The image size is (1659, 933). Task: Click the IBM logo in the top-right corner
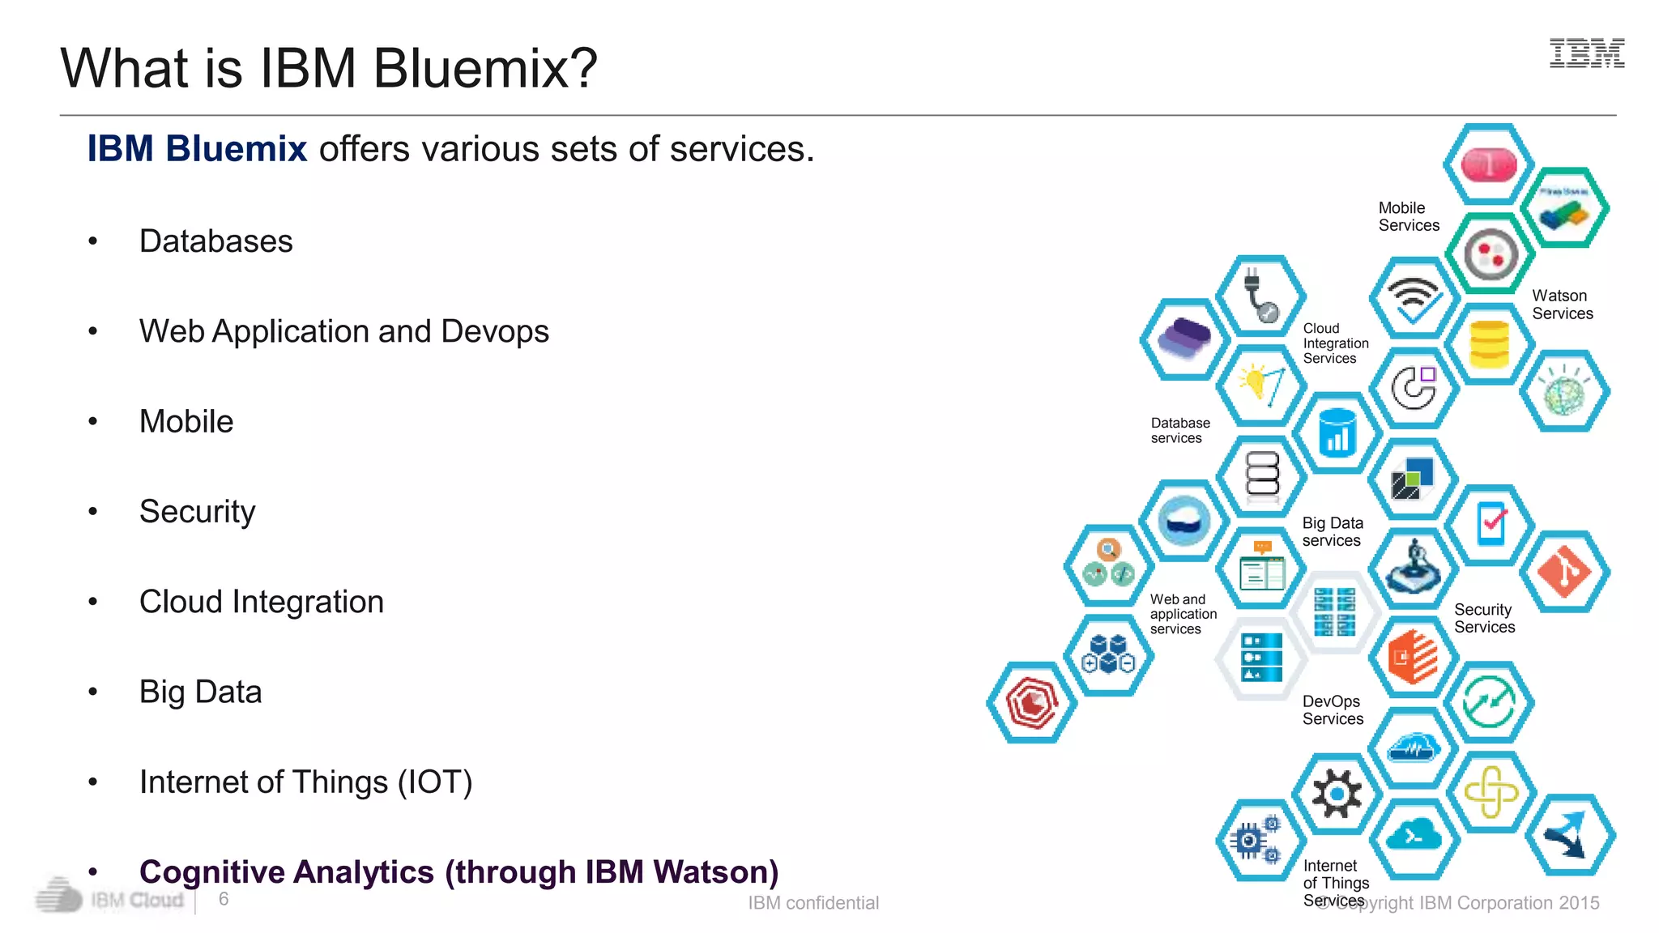pos(1586,53)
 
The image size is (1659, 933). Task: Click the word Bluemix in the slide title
pos(484,68)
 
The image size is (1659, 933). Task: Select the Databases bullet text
pos(215,241)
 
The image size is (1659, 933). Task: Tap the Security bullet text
pos(197,512)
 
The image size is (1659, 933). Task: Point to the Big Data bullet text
pos(200,692)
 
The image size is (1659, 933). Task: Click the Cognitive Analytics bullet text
pos(458,872)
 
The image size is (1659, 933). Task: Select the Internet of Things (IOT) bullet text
pos(305,782)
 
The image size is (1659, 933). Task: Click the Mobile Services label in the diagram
pos(1409,217)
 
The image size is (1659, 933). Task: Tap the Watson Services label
pos(1562,305)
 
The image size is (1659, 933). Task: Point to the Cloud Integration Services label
pos(1335,343)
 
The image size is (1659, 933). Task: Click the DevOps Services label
pos(1333,710)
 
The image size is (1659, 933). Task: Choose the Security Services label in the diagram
pos(1484,618)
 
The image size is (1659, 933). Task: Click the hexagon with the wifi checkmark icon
pos(1414,298)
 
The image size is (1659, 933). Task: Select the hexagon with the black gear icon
pos(1337,794)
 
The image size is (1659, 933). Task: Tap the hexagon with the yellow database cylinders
pos(1489,344)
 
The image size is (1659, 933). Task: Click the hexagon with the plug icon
pos(1260,296)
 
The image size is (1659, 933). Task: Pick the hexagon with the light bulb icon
pos(1260,386)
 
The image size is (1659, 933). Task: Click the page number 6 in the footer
pos(224,899)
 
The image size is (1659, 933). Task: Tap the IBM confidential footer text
pos(812,903)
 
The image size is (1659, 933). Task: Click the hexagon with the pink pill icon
pos(1489,164)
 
